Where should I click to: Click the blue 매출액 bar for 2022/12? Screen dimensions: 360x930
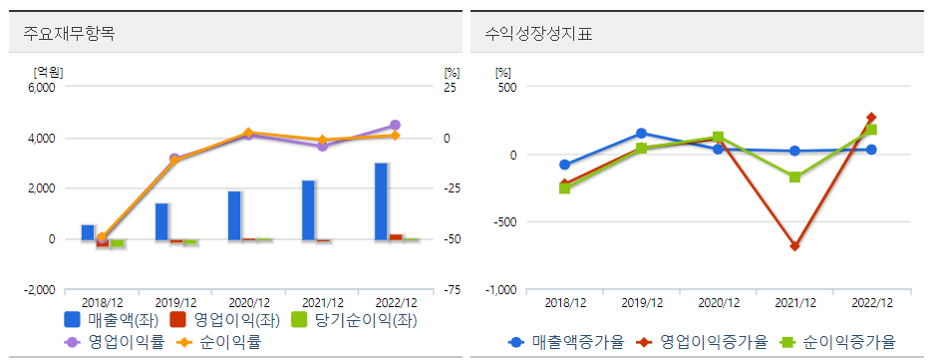pyautogui.click(x=382, y=201)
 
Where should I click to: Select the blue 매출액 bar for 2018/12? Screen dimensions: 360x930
pyautogui.click(x=88, y=232)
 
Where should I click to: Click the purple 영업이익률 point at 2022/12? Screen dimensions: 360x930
pyautogui.click(x=395, y=126)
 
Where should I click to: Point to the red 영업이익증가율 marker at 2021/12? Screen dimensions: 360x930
pyautogui.click(x=794, y=246)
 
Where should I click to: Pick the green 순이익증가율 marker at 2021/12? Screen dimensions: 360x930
pyautogui.click(x=794, y=178)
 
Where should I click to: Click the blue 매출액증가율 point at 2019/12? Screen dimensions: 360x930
pyautogui.click(x=641, y=133)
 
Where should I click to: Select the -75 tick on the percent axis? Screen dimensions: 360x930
pyautogui.click(x=452, y=290)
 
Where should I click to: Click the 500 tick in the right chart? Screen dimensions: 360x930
pyautogui.click(x=506, y=87)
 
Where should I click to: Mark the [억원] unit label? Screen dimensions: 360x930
pyautogui.click(x=48, y=72)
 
